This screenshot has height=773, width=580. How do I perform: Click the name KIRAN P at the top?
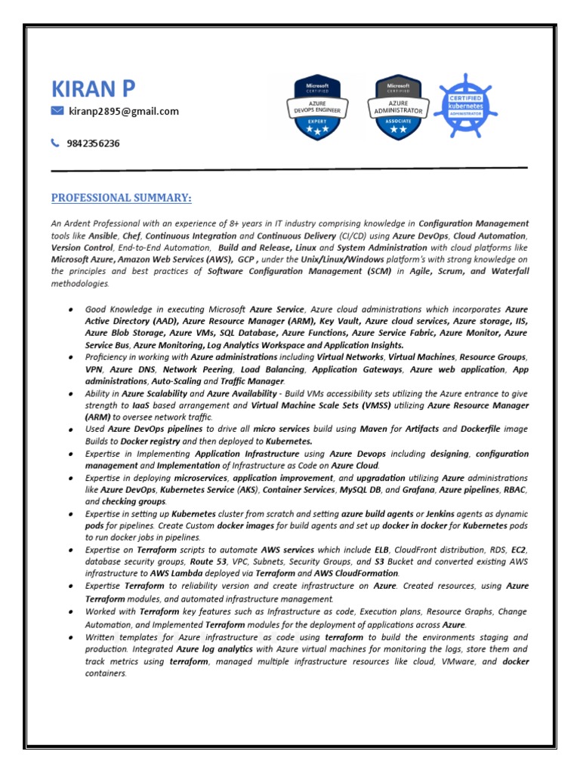94,88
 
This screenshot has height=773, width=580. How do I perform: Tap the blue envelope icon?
57,111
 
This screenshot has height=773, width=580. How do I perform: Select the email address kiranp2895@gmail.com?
124,111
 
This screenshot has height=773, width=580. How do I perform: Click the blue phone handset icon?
56,143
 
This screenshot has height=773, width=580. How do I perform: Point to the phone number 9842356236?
94,143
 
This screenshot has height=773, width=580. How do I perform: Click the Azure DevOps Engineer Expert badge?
317,108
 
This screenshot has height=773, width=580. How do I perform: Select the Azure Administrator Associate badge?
398,108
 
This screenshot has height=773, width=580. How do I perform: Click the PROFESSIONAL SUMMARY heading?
121,198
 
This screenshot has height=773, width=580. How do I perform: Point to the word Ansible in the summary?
103,236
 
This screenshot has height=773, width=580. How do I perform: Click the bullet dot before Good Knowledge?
70,310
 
